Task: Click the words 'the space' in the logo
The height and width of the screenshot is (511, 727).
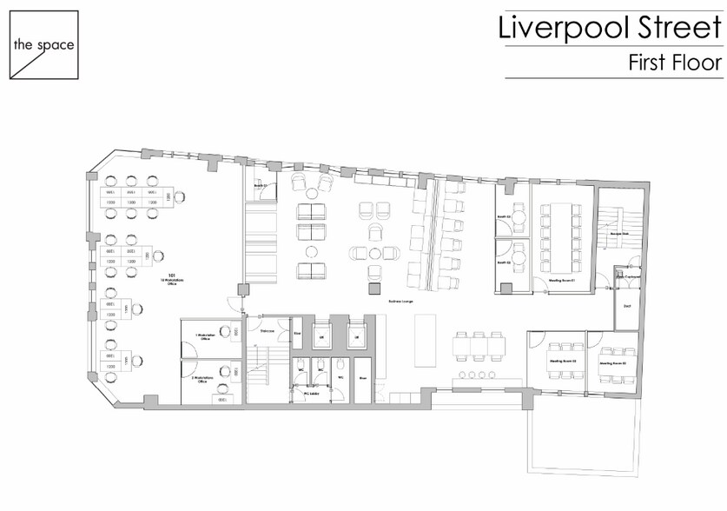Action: [43, 44]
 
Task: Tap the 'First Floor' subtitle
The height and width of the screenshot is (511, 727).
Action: [675, 63]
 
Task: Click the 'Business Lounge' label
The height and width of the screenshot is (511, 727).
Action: [400, 300]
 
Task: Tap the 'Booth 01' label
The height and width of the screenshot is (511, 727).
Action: [259, 186]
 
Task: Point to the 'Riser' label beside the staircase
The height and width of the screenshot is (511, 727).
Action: [296, 332]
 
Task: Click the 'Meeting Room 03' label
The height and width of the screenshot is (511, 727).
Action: [563, 361]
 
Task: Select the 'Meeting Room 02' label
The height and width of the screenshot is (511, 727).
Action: [613, 362]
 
